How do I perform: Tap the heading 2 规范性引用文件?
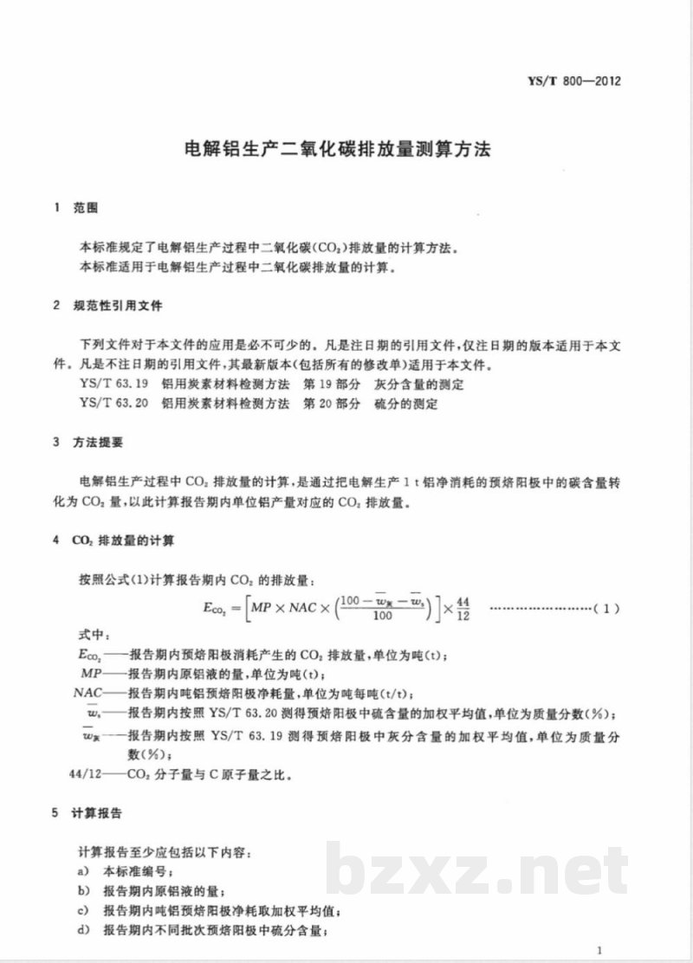click(x=107, y=307)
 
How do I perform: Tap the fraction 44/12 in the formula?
click(x=462, y=608)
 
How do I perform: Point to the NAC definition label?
click(x=89, y=694)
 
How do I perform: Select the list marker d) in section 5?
click(x=84, y=931)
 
